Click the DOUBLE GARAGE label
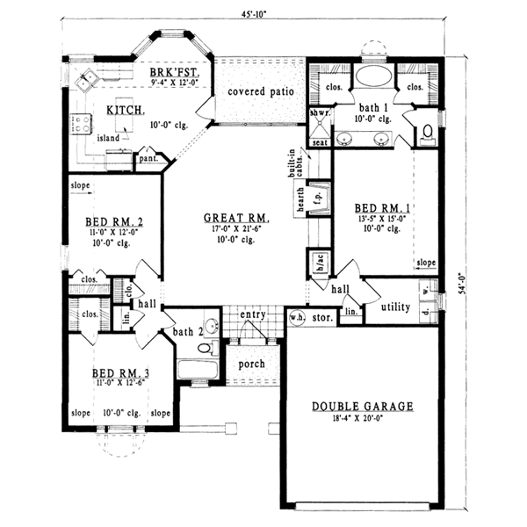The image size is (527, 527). pyautogui.click(x=362, y=407)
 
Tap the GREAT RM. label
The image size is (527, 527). pyautogui.click(x=235, y=218)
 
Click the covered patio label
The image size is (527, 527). pyautogui.click(x=260, y=91)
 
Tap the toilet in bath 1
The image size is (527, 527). pyautogui.click(x=427, y=133)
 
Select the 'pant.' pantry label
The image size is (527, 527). pyautogui.click(x=147, y=159)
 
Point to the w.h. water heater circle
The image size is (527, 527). pyautogui.click(x=296, y=317)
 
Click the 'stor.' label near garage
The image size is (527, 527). pyautogui.click(x=322, y=317)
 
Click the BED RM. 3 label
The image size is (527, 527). pyautogui.click(x=120, y=374)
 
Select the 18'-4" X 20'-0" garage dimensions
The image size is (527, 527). pyautogui.click(x=362, y=422)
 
